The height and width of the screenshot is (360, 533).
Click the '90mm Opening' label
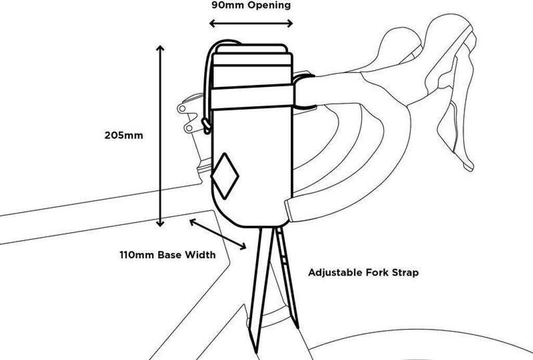click(x=251, y=6)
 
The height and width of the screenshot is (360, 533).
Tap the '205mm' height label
click(x=124, y=135)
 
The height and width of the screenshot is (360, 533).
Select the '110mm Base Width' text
click(x=168, y=255)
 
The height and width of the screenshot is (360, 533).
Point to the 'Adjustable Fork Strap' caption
click(x=363, y=272)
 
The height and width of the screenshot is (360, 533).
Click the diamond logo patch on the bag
click(x=225, y=176)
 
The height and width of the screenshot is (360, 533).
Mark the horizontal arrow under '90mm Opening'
click(x=251, y=23)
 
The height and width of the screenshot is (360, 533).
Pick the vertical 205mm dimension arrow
click(x=160, y=135)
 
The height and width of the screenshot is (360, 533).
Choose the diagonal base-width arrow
click(x=218, y=234)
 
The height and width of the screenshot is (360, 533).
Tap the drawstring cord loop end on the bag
click(x=207, y=125)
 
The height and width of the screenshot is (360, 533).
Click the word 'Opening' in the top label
click(x=270, y=6)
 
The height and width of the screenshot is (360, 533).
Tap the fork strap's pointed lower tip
click(x=256, y=348)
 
